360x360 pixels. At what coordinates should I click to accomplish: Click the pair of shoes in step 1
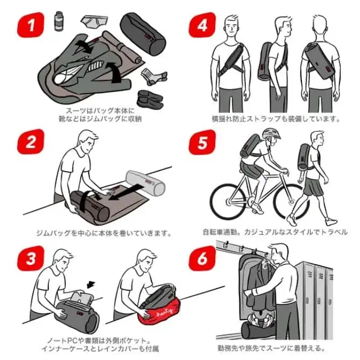click(x=149, y=98)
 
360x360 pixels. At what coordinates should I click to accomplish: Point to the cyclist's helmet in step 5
click(x=271, y=133)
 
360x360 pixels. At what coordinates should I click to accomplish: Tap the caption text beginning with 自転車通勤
click(x=274, y=232)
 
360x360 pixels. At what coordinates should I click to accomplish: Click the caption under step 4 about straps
click(x=276, y=117)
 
